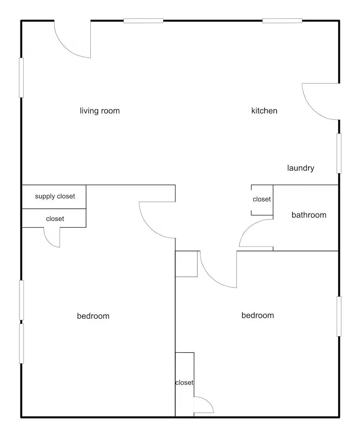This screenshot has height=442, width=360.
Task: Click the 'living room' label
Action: (100, 111)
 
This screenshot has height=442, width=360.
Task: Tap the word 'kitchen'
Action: (264, 111)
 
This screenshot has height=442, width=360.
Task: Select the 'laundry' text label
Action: (300, 168)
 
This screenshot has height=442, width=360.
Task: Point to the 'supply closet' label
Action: (55, 196)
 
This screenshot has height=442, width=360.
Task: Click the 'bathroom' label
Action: (309, 215)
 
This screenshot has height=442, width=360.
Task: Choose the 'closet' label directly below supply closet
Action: (55, 219)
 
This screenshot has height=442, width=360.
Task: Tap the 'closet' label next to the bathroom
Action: (262, 199)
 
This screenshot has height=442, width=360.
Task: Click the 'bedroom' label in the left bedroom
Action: (93, 316)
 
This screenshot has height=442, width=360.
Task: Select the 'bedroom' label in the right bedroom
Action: (257, 315)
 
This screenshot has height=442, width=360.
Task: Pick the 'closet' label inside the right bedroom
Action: (184, 383)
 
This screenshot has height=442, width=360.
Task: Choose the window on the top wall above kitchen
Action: (282, 21)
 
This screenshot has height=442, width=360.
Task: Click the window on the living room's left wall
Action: (21, 77)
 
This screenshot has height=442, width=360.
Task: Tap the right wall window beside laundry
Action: (339, 153)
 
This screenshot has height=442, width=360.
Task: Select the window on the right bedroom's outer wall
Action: (339, 316)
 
